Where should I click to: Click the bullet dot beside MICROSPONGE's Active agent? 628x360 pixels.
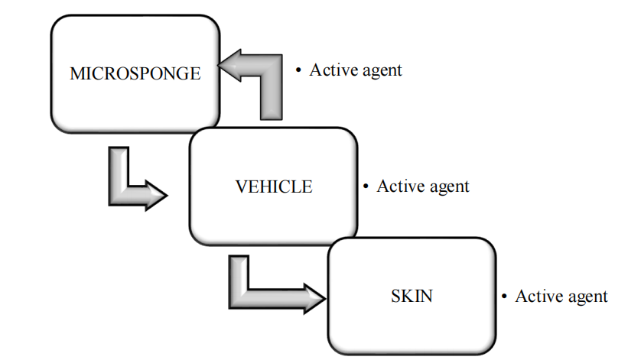[299, 70]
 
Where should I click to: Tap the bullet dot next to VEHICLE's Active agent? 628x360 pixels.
[366, 186]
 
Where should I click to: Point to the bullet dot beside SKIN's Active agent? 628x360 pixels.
[504, 297]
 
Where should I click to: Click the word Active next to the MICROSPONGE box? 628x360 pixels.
[330, 70]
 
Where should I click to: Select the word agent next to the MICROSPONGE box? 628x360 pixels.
[379, 72]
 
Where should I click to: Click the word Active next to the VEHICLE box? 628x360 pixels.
[398, 186]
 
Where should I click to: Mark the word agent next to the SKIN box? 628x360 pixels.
[585, 297]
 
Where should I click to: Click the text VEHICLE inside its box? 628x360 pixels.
[274, 186]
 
